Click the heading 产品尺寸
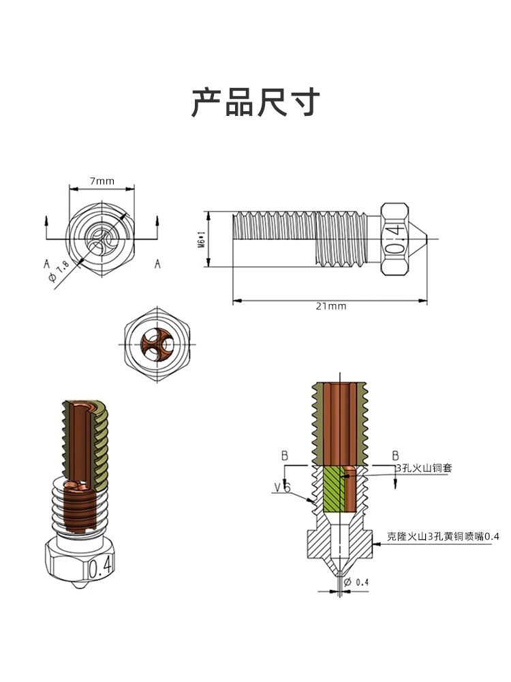coord(255,103)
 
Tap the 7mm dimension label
coord(102,181)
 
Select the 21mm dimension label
coord(331,306)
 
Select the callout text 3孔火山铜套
coord(424,468)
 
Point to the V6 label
coord(283,488)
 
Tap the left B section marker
coord(285,455)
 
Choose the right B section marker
coord(394,455)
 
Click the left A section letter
coord(47,263)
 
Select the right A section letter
coord(157,263)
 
